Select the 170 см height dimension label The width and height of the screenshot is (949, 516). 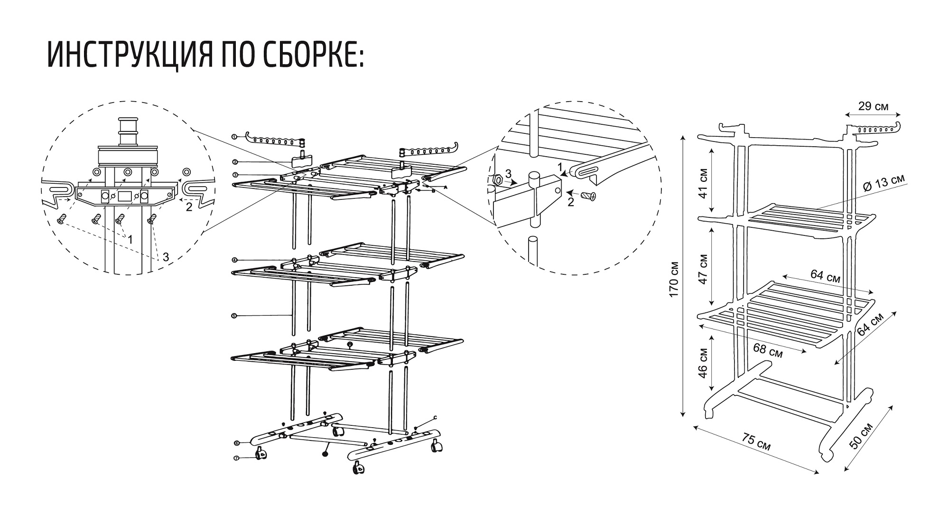tap(673, 280)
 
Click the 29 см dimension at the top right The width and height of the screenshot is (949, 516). tap(874, 106)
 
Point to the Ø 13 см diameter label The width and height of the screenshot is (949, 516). tap(884, 183)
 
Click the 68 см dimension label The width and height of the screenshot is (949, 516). tap(768, 349)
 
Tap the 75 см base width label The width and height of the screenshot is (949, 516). tap(756, 443)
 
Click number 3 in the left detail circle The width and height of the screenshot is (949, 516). tap(166, 257)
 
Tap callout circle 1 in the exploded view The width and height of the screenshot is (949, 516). tap(234, 137)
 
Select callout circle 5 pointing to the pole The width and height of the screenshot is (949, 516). tap(234, 315)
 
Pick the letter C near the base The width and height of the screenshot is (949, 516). tap(435, 418)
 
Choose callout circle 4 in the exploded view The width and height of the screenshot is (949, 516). tap(234, 260)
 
